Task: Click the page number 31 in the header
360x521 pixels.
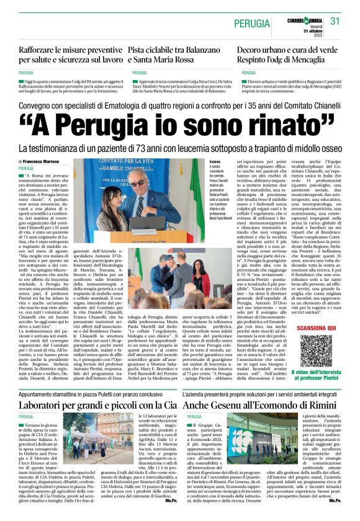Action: (x=336, y=21)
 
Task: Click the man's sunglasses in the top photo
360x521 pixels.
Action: (x=140, y=182)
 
